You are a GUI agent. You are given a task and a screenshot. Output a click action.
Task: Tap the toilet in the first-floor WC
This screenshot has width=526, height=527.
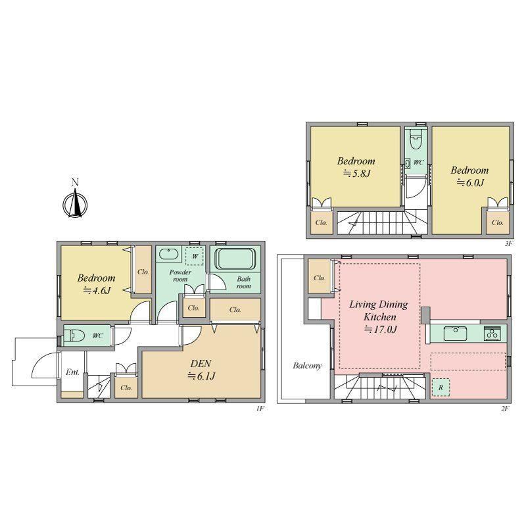coord(72,335)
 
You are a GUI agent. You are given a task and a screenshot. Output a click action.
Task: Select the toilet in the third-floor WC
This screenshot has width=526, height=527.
coord(416,140)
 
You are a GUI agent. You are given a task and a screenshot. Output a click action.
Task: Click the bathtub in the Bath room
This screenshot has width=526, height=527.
coord(235,259)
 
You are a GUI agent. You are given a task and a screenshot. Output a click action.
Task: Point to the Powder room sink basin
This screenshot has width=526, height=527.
coord(168,254)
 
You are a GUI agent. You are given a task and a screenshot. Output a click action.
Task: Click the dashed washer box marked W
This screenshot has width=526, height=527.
coord(195,256)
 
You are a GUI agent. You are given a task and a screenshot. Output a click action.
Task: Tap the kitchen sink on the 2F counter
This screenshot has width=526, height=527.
coord(455,334)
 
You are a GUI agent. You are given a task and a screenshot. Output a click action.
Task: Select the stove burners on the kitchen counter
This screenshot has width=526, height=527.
coord(492,334)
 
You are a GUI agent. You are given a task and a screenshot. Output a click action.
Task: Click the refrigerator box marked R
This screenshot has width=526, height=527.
coord(441,387)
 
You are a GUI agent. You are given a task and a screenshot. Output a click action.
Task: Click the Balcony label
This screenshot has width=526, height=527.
coord(307,366)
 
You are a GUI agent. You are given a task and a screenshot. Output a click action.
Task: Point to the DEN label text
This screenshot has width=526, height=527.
coord(201,363)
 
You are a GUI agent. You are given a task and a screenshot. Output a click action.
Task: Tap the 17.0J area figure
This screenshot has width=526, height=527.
coord(381,330)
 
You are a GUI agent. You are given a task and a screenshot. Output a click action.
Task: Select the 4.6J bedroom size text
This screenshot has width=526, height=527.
coord(97,290)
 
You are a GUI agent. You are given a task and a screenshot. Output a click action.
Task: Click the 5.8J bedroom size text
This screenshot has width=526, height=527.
coord(356,174)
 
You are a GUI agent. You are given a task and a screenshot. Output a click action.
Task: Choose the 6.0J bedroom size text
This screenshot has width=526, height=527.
coord(470,182)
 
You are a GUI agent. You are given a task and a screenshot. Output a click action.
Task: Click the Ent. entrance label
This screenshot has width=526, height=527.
coord(72,372)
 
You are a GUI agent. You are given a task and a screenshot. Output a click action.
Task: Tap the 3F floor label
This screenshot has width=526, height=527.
coord(508,243)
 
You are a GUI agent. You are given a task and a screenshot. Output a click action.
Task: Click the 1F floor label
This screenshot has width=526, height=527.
coord(260,409)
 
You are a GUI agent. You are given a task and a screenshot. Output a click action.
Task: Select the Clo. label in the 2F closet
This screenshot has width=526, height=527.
coord(320,278)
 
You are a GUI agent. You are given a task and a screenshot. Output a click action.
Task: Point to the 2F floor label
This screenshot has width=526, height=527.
coord(505,409)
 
